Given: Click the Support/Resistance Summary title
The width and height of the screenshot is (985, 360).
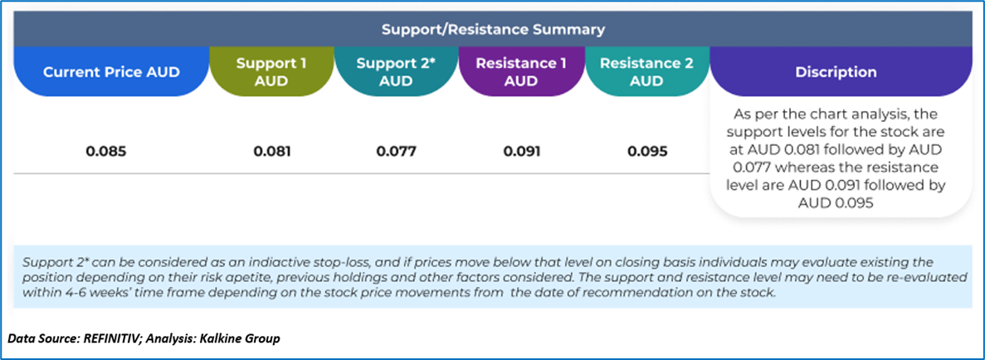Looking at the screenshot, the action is tap(493, 29).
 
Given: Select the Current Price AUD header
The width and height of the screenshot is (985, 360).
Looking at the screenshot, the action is tap(111, 71).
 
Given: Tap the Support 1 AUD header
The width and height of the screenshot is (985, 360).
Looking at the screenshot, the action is tap(272, 71).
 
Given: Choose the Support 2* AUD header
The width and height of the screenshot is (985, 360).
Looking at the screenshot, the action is tap(397, 71).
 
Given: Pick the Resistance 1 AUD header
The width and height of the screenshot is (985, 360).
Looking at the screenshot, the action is tap(521, 71).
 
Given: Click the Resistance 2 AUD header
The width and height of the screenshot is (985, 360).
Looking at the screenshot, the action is tap(646, 71).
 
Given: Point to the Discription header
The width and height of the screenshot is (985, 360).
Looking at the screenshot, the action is tap(836, 71).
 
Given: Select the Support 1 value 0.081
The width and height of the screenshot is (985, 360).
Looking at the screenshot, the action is tap(272, 152).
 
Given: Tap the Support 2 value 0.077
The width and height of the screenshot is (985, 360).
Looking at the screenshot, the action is tap(397, 152).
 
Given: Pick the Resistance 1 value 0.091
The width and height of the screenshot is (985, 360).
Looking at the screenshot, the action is tap(521, 152).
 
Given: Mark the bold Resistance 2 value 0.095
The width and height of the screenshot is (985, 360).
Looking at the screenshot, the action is tap(646, 152).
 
